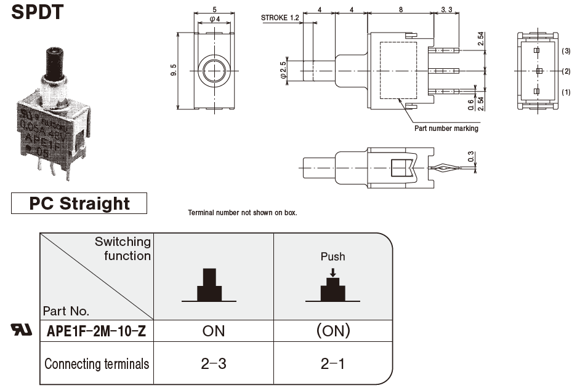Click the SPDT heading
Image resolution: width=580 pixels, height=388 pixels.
[37, 12]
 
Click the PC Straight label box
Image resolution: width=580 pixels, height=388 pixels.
[79, 204]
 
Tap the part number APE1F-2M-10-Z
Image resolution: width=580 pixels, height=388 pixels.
[97, 331]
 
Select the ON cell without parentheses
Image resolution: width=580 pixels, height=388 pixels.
[214, 331]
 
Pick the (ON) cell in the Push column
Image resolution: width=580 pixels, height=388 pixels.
[332, 331]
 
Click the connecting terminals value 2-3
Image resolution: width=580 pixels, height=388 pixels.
[214, 363]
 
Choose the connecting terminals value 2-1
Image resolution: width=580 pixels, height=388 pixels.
[332, 363]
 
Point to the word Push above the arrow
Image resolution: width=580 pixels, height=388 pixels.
[332, 256]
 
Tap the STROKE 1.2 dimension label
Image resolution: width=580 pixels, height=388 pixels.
[280, 18]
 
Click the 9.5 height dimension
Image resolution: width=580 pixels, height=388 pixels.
[174, 69]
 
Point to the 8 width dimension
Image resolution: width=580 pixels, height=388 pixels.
[401, 10]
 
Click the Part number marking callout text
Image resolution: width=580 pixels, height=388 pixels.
[446, 129]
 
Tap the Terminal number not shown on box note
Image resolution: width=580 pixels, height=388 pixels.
[242, 213]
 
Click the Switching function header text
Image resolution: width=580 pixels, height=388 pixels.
[123, 248]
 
